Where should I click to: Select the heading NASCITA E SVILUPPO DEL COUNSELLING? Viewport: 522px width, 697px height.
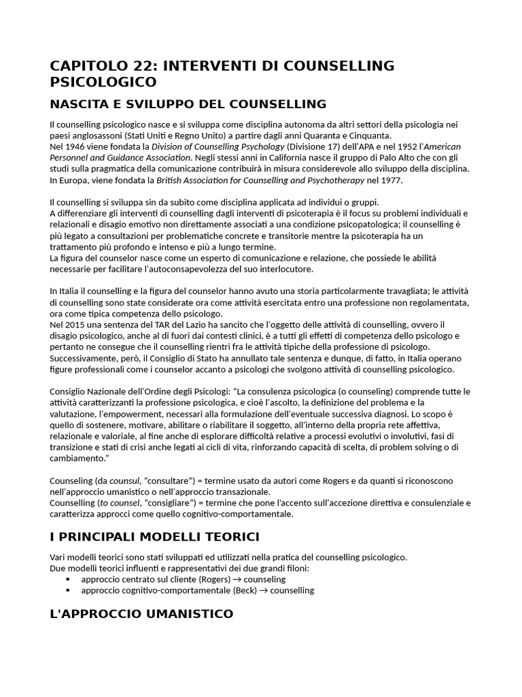click(x=188, y=104)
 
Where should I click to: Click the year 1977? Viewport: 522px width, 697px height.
click(x=390, y=180)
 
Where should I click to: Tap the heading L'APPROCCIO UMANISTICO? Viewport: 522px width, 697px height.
click(x=141, y=614)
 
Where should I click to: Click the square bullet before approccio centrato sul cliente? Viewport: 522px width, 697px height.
click(x=68, y=579)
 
